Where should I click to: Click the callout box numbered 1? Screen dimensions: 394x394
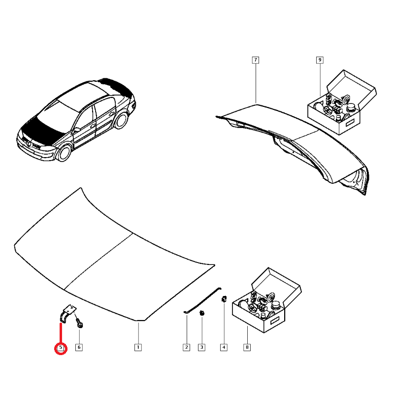(x=138, y=347)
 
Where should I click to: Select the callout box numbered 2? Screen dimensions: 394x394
(x=187, y=347)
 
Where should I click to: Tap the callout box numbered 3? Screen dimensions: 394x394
(x=201, y=347)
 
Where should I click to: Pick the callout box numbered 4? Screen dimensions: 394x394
(x=224, y=347)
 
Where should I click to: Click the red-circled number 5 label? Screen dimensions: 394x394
(x=61, y=348)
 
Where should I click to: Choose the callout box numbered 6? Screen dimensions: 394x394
(x=79, y=347)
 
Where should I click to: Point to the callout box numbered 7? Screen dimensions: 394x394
(x=256, y=60)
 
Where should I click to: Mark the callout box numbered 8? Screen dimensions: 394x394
(x=247, y=347)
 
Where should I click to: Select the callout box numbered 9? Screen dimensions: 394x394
(x=320, y=60)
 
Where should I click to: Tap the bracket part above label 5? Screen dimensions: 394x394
(x=67, y=313)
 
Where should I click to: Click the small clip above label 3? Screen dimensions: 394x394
(x=201, y=313)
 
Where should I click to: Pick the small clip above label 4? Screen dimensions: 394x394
(x=224, y=299)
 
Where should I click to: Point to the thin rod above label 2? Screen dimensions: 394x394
(x=202, y=300)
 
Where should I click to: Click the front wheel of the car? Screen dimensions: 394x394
(x=64, y=153)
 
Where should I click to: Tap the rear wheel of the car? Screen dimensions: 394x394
(x=121, y=120)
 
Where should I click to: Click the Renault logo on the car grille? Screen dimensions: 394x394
(x=30, y=143)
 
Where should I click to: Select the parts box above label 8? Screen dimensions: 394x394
(x=266, y=300)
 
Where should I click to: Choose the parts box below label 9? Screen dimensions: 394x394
(x=342, y=102)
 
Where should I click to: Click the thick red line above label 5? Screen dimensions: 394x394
(x=61, y=333)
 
